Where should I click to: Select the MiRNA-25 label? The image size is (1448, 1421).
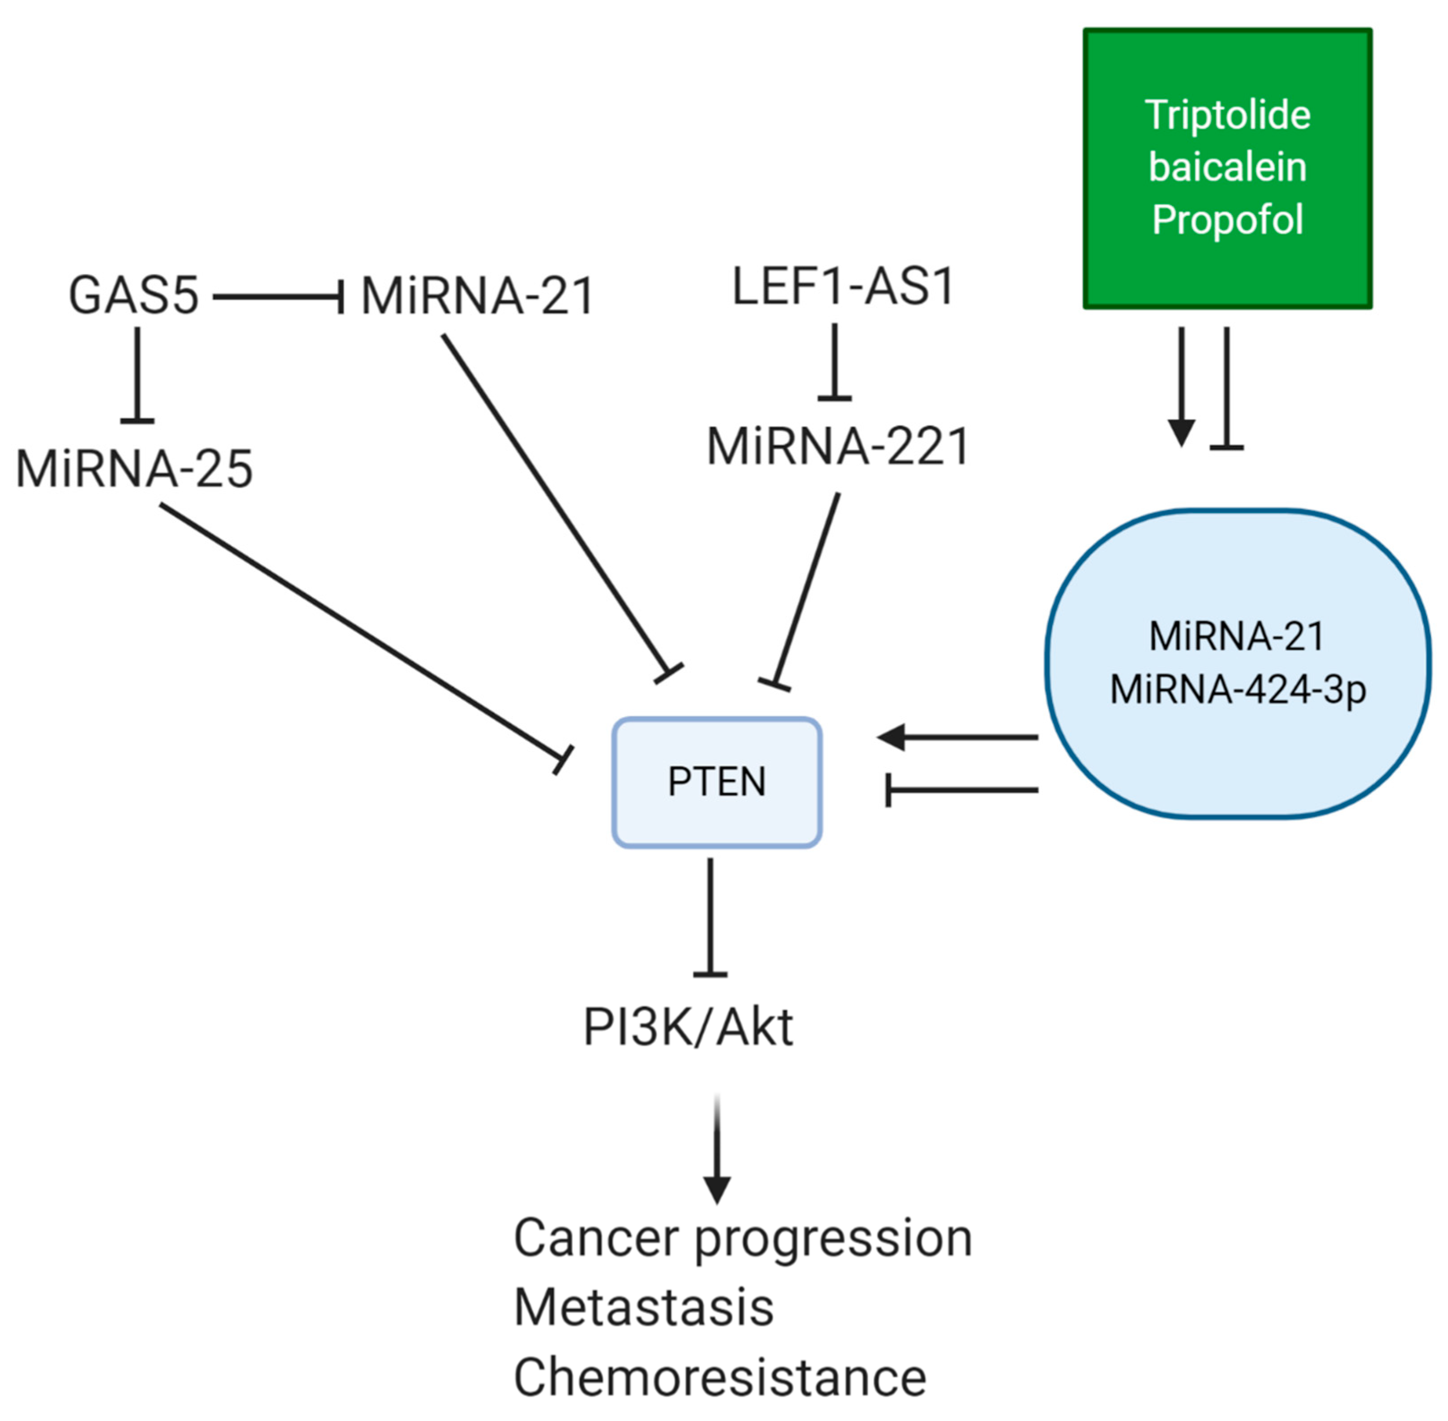pos(134,469)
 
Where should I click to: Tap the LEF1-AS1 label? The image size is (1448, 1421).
pos(843,286)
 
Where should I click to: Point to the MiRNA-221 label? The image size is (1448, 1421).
pos(837,446)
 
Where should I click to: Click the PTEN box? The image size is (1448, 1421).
pos(717,782)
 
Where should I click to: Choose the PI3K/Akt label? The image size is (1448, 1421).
pos(688,1027)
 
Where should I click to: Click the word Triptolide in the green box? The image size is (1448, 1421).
pos(1228,115)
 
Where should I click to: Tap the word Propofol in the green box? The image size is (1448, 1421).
pos(1228,219)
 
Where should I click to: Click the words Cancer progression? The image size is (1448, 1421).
pos(743,1239)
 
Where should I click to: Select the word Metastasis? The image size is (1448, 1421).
pos(643,1308)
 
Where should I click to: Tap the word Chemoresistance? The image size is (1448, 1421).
pos(719,1377)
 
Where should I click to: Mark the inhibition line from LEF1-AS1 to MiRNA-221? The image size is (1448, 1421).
pos(834,363)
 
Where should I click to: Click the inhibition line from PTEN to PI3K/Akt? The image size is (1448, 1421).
pos(710,917)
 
